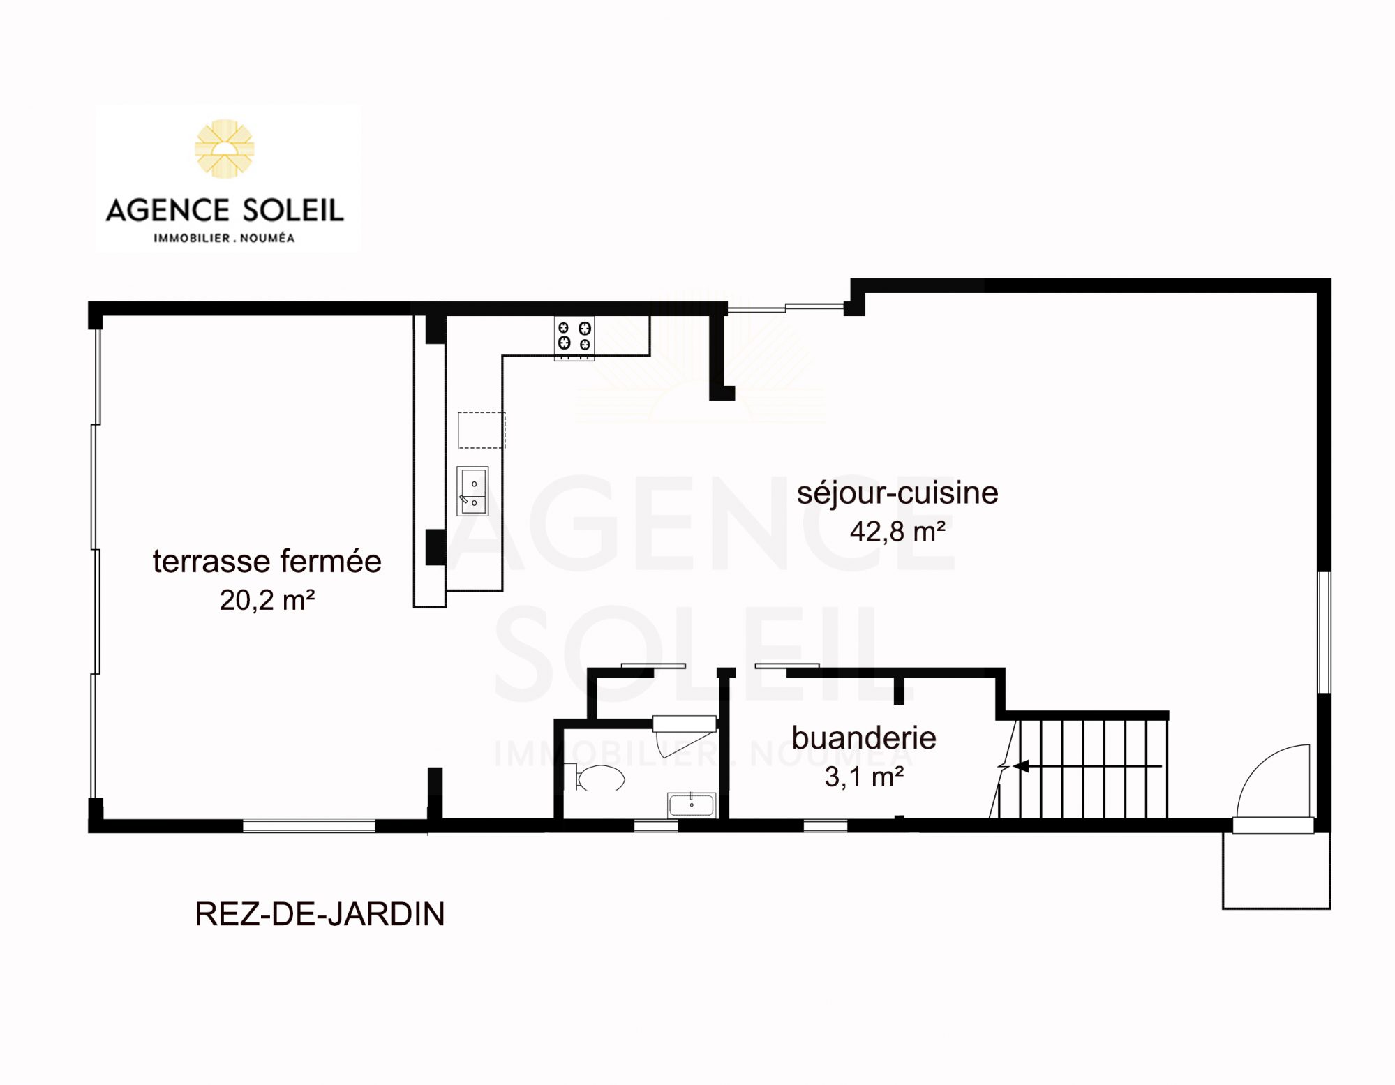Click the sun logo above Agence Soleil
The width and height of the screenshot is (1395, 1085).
click(x=225, y=148)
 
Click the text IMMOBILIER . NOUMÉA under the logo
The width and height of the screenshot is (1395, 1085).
click(x=224, y=238)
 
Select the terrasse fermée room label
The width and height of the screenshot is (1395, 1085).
click(x=267, y=561)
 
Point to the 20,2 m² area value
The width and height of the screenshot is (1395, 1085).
click(x=267, y=600)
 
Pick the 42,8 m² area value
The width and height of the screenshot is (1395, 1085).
click(x=897, y=532)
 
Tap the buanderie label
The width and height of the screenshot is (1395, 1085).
click(x=864, y=738)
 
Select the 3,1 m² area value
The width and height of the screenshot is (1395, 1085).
click(x=864, y=777)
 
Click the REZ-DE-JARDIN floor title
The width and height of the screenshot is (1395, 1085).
click(x=320, y=914)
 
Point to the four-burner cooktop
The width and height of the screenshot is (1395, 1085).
click(x=574, y=338)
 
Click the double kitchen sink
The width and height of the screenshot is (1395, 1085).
click(x=472, y=491)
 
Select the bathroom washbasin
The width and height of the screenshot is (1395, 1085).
click(x=692, y=805)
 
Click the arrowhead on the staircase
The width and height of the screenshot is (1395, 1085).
click(x=1020, y=766)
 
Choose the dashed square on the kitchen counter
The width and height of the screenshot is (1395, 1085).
click(x=482, y=430)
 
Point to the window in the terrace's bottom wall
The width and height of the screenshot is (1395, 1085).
click(x=308, y=826)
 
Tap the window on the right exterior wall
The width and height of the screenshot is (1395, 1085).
click(x=1324, y=632)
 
